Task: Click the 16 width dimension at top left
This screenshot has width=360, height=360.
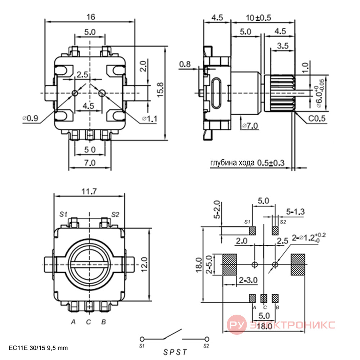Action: click(91, 17)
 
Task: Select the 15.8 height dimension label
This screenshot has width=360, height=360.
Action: click(161, 90)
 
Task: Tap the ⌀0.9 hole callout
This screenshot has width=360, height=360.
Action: click(30, 118)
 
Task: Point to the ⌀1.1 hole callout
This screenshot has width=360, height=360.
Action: click(150, 119)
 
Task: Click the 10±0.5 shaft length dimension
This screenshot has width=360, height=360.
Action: click(258, 18)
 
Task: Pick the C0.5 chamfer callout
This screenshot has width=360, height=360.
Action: click(317, 118)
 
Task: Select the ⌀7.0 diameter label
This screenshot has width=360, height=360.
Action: click(250, 126)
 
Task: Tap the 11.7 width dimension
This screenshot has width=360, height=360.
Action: click(89, 191)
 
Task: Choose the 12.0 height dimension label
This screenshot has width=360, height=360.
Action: click(144, 265)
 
